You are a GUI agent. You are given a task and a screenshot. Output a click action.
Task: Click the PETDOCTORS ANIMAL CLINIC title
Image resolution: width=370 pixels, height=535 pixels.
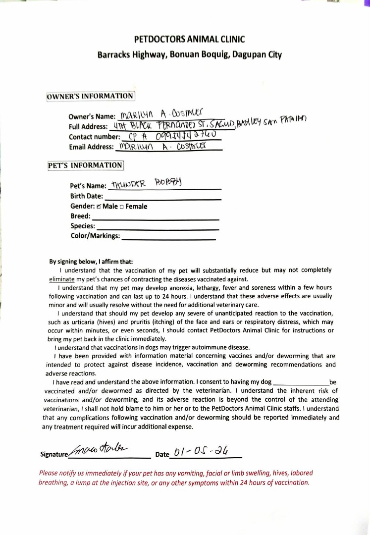[190, 40]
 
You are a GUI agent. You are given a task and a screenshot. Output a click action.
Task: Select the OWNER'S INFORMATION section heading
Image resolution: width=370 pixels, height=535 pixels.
[90, 96]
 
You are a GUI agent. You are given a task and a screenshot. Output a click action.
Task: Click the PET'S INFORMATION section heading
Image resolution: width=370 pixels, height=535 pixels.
[85, 165]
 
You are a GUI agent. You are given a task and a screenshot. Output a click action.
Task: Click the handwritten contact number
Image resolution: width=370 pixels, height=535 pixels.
[166, 136]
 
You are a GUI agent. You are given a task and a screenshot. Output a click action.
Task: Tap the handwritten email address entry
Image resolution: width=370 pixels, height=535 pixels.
[161, 147]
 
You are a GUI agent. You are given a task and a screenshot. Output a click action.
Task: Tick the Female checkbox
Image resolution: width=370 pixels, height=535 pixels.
[122, 207]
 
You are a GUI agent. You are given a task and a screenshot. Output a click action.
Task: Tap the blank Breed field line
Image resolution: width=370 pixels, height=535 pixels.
[156, 218]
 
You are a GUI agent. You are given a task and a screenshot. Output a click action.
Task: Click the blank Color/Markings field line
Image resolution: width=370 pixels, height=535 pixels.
[168, 239]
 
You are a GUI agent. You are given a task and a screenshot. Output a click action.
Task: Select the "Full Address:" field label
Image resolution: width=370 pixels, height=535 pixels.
[88, 127]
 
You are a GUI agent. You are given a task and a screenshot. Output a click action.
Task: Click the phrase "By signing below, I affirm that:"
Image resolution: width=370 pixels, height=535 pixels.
[91, 262]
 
